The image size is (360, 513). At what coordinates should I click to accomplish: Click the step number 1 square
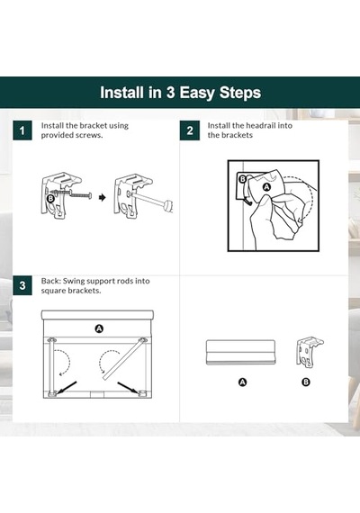point(22,130)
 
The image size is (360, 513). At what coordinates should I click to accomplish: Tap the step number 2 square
point(190,130)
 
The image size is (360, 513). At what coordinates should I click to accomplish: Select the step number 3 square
point(22,285)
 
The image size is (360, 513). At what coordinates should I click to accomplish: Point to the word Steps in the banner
point(240,93)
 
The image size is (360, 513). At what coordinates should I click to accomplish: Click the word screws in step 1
point(88,135)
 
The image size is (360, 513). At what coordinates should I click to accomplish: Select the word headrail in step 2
point(258,125)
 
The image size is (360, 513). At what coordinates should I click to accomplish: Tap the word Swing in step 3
point(74,281)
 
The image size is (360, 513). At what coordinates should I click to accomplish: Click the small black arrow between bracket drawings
point(103,197)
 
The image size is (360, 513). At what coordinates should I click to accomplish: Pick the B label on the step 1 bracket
point(50,199)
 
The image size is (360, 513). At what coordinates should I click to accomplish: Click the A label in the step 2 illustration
point(267,187)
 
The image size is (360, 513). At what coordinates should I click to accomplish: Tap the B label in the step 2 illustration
point(242,179)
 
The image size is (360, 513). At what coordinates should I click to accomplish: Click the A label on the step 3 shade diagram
point(99,328)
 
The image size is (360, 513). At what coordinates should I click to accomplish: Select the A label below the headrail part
point(242,382)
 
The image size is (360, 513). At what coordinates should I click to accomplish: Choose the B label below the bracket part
point(306,382)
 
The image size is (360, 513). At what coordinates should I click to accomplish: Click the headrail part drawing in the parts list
point(240,352)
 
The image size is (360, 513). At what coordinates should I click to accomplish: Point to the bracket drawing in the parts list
point(310,352)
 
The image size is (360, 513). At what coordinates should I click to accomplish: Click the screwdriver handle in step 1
point(168,206)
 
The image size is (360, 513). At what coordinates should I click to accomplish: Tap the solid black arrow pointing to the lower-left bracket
point(66,387)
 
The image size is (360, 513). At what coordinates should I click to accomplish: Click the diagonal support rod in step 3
point(123,359)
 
